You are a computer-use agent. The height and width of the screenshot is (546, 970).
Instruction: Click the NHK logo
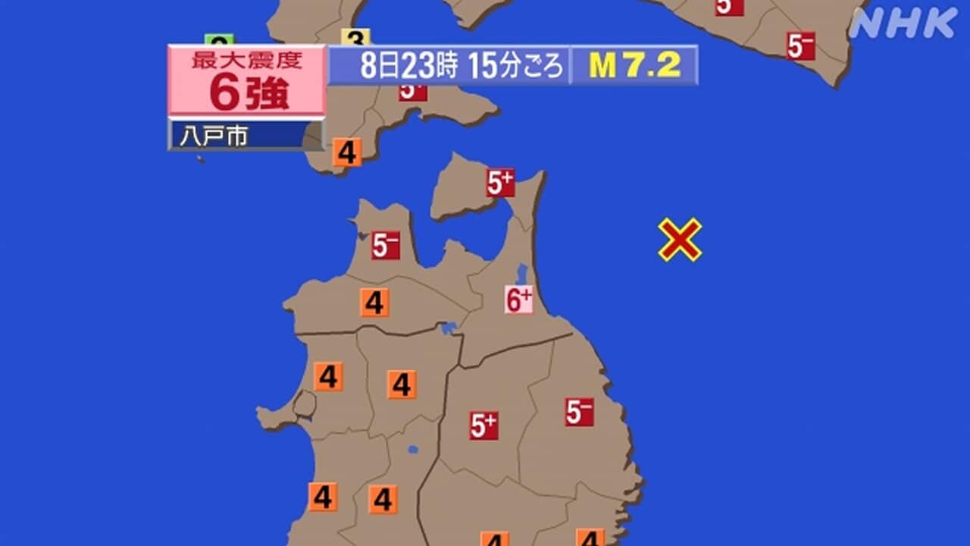click(903, 23)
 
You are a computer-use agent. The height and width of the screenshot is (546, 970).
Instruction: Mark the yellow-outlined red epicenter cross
click(680, 240)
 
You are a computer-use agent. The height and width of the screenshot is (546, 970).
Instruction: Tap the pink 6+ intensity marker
click(519, 300)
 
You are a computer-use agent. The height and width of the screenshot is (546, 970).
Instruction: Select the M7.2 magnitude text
click(634, 66)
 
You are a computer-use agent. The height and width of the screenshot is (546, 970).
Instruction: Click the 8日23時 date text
click(408, 67)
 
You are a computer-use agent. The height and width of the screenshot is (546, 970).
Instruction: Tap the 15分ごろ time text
click(516, 67)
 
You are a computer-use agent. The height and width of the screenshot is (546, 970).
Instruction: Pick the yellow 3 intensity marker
click(355, 38)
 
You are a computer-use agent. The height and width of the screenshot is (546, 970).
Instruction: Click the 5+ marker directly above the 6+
click(500, 183)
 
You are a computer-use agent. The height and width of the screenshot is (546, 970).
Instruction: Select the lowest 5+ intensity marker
click(483, 425)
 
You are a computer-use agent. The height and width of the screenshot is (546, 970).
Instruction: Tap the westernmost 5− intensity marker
click(385, 246)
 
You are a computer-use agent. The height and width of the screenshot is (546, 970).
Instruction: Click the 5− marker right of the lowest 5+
click(579, 412)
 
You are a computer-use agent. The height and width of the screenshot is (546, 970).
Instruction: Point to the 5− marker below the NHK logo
click(800, 46)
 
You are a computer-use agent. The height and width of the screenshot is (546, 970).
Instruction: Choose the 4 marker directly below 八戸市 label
click(346, 152)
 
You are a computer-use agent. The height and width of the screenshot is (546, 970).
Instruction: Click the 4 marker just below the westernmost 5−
click(374, 303)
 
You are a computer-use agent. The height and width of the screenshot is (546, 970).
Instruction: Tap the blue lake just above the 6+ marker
click(521, 274)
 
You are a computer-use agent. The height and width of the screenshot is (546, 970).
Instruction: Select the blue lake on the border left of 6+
click(449, 328)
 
